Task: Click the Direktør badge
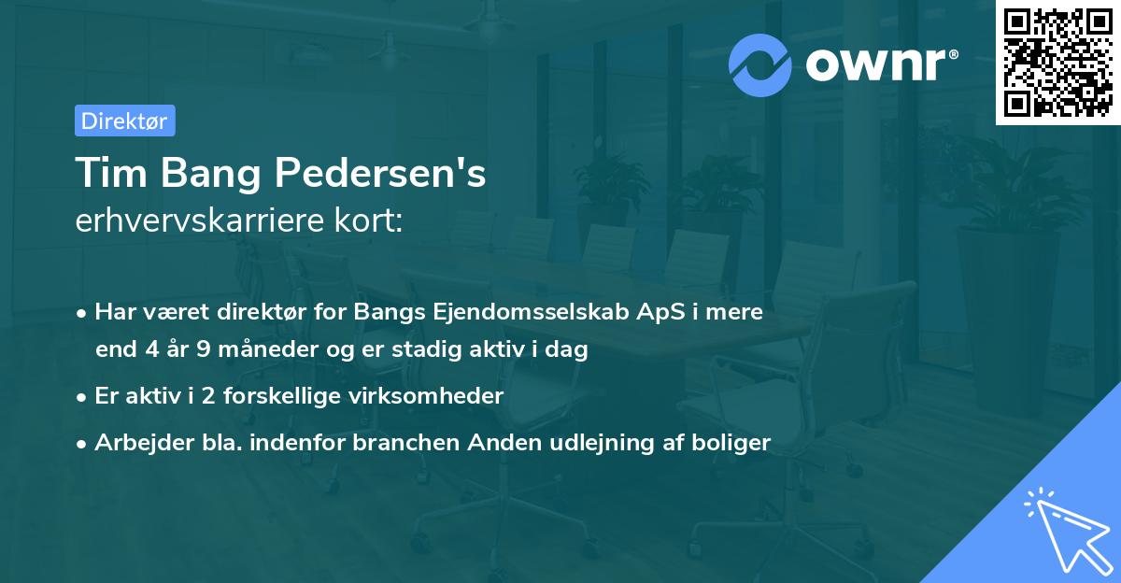tap(124, 121)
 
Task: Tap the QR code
tap(1057, 62)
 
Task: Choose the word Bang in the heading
tap(208, 174)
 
